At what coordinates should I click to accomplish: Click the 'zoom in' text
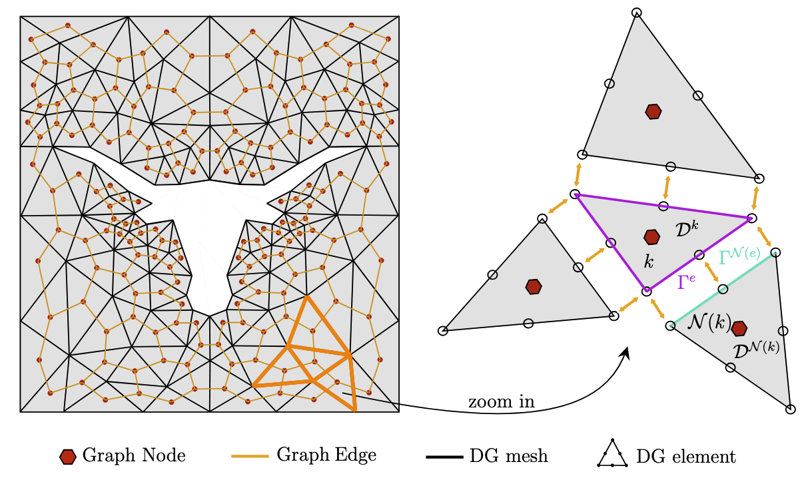(x=501, y=402)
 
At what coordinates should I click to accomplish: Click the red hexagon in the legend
(x=67, y=457)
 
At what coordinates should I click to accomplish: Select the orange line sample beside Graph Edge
(x=250, y=456)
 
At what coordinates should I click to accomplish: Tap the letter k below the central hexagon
(x=649, y=261)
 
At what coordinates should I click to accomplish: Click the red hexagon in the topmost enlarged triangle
(x=653, y=111)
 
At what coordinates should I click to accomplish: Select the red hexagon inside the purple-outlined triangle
(x=651, y=236)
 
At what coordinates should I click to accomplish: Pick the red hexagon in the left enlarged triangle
(x=533, y=286)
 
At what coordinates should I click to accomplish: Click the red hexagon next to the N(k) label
(x=739, y=328)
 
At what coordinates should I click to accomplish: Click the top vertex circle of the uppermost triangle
(x=636, y=12)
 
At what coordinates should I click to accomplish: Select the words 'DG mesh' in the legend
(x=509, y=457)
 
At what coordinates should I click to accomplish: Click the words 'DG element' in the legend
(x=686, y=457)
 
